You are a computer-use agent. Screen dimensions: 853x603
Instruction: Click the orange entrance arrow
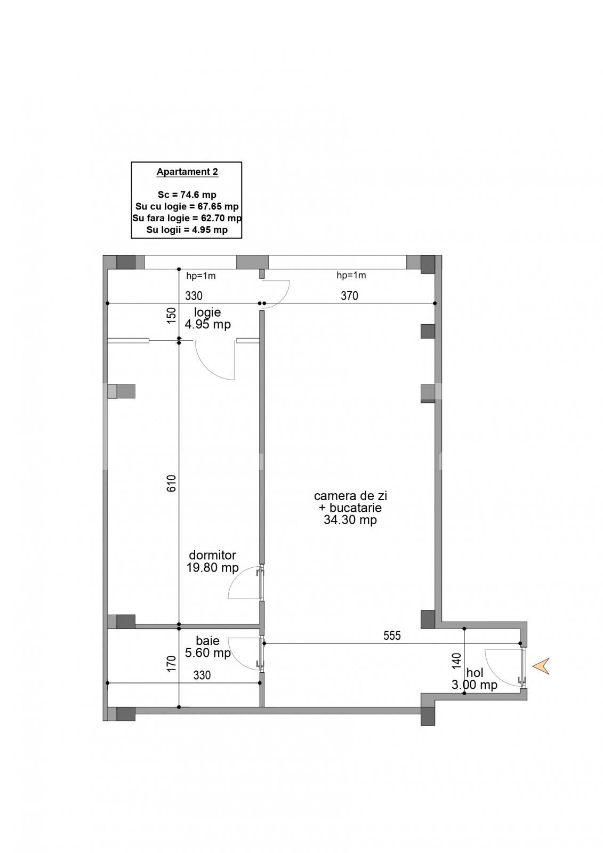[542, 666]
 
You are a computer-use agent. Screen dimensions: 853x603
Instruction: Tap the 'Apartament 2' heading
[187, 172]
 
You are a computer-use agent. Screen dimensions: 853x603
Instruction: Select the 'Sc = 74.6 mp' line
[187, 195]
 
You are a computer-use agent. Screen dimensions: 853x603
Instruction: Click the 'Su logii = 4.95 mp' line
[187, 230]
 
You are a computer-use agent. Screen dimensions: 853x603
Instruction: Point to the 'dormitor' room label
[212, 556]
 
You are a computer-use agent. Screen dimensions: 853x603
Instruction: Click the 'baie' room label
[207, 641]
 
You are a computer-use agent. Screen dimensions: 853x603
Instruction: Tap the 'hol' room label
[475, 673]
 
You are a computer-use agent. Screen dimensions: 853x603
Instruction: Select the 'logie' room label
[207, 312]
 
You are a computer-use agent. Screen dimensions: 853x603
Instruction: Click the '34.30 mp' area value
[350, 520]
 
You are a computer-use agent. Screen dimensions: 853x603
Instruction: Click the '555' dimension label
[392, 635]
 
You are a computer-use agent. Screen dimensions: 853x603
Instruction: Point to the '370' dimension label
[349, 296]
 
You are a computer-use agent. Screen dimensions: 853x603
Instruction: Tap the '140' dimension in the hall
[457, 661]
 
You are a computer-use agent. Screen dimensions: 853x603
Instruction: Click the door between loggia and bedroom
[216, 360]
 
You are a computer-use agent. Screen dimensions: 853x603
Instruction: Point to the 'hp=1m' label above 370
[351, 276]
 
